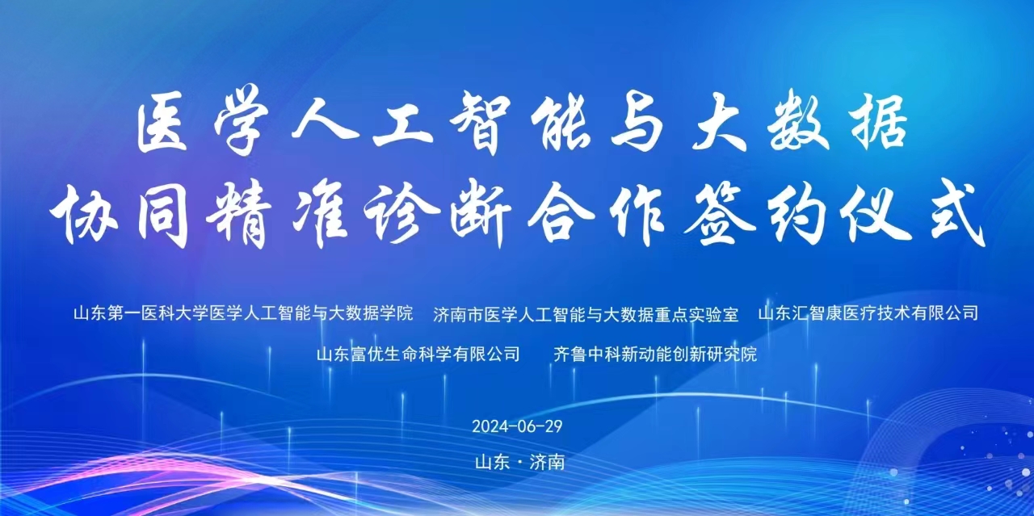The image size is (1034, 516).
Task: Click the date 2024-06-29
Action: coord(517,426)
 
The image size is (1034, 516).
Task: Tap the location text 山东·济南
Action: coord(519,462)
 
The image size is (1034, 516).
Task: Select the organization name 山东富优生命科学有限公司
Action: coord(418,354)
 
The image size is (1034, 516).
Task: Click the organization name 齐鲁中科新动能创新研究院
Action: coord(655,354)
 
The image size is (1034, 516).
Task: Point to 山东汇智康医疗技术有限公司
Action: coord(868,313)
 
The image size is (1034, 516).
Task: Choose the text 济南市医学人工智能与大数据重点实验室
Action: coord(586,314)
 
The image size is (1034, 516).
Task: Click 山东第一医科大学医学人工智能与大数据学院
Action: coord(243,313)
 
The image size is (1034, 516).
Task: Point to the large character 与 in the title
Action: coord(638,124)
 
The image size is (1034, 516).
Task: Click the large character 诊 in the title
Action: coord(401,215)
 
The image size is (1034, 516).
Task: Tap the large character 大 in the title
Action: coord(719,121)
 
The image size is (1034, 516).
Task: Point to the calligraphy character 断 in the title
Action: coord(481,215)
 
